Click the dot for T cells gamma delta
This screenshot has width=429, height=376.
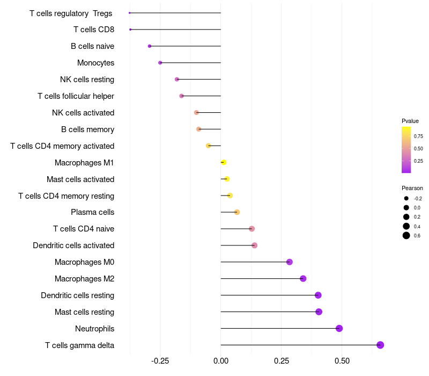(x=380, y=345)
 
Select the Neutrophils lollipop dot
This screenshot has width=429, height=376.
(x=339, y=328)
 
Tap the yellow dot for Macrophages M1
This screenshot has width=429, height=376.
(x=224, y=162)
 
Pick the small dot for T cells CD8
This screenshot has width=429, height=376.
(x=130, y=30)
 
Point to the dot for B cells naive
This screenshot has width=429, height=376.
(x=150, y=46)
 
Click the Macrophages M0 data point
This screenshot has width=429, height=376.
(x=290, y=262)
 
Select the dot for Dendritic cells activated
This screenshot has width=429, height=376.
(x=254, y=245)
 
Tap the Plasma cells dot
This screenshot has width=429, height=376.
(x=237, y=212)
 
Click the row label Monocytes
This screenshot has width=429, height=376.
(x=95, y=63)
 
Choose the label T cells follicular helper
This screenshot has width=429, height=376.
(x=76, y=96)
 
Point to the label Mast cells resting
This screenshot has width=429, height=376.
(x=84, y=312)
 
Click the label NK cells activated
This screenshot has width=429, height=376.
(x=83, y=113)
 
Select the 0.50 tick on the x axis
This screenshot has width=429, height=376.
(x=342, y=361)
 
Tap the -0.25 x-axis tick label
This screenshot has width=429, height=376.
(x=159, y=361)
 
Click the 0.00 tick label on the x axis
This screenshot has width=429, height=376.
(x=221, y=361)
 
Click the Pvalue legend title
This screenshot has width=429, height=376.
(x=410, y=121)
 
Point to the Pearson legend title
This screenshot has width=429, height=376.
(x=412, y=188)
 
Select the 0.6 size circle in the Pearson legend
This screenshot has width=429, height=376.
(x=406, y=235)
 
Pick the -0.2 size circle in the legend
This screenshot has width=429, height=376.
(x=406, y=198)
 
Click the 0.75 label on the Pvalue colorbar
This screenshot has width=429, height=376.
(x=418, y=136)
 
